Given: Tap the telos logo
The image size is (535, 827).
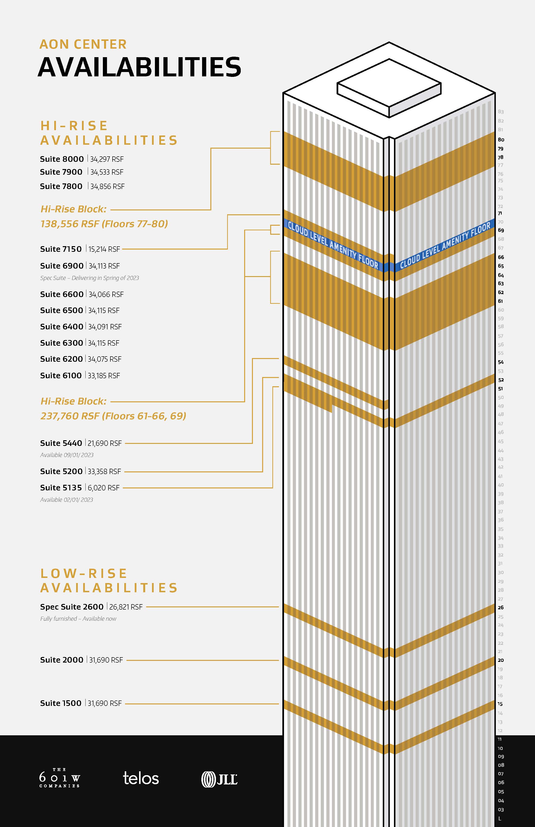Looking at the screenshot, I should tap(141, 778).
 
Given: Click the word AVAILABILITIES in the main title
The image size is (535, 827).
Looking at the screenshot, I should tap(139, 67).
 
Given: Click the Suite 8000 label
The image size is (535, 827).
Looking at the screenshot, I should tap(62, 159).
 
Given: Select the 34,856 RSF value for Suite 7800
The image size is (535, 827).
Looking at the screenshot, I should tap(107, 187).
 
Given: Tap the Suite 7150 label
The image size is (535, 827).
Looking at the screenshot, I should tap(61, 249).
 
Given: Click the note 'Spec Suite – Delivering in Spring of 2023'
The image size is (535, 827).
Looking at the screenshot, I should tap(90, 278).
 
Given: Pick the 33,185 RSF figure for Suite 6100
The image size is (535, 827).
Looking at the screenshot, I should tap(104, 376).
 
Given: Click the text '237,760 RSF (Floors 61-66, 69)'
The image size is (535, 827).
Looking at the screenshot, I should tap(113, 416).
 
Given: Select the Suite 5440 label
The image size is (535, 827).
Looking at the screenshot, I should tap(61, 443).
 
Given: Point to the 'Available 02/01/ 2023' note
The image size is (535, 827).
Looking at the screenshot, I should tap(67, 500).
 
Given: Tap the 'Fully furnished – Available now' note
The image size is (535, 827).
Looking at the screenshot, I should tap(78, 619).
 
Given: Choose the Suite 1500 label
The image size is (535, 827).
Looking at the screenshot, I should tap(61, 703).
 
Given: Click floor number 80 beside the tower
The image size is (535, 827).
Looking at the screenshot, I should tap(501, 140).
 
